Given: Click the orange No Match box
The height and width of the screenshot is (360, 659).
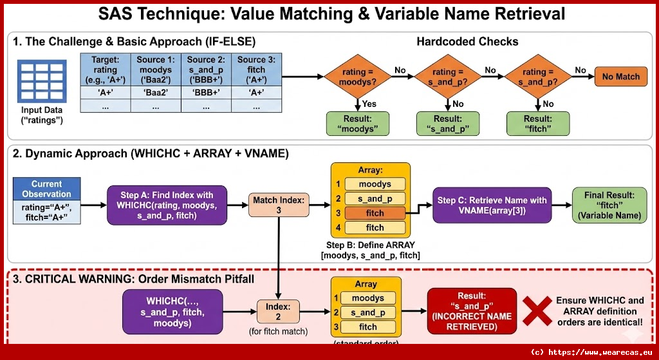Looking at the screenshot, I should [620, 77].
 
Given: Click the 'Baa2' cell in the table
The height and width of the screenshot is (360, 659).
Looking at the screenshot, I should [156, 92].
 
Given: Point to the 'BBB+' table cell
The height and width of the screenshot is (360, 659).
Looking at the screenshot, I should [207, 92].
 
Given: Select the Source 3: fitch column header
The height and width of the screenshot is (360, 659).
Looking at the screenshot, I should [256, 70].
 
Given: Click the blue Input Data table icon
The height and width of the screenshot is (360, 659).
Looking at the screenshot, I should [41, 81].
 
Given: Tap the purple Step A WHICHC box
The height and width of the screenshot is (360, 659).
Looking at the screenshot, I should [167, 205].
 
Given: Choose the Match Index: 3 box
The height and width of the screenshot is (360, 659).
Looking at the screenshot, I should [279, 205].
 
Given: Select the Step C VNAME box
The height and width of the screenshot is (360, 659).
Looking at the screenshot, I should [492, 205].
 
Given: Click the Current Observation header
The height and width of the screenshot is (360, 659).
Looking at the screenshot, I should [47, 189].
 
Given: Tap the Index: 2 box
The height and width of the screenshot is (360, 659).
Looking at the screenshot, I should [279, 312].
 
